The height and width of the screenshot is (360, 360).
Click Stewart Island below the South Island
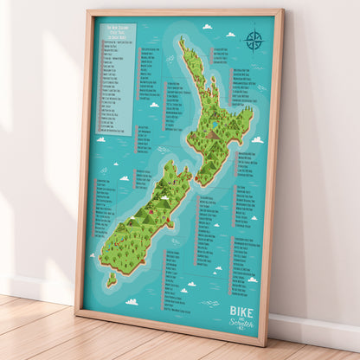tap(111, 279)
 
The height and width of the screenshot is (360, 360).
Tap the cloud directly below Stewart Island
tap(131, 301)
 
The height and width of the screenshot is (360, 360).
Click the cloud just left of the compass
tap(230, 35)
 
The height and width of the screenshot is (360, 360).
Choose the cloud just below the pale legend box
tap(102, 138)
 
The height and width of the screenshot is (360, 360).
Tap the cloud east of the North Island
tap(257, 138)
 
